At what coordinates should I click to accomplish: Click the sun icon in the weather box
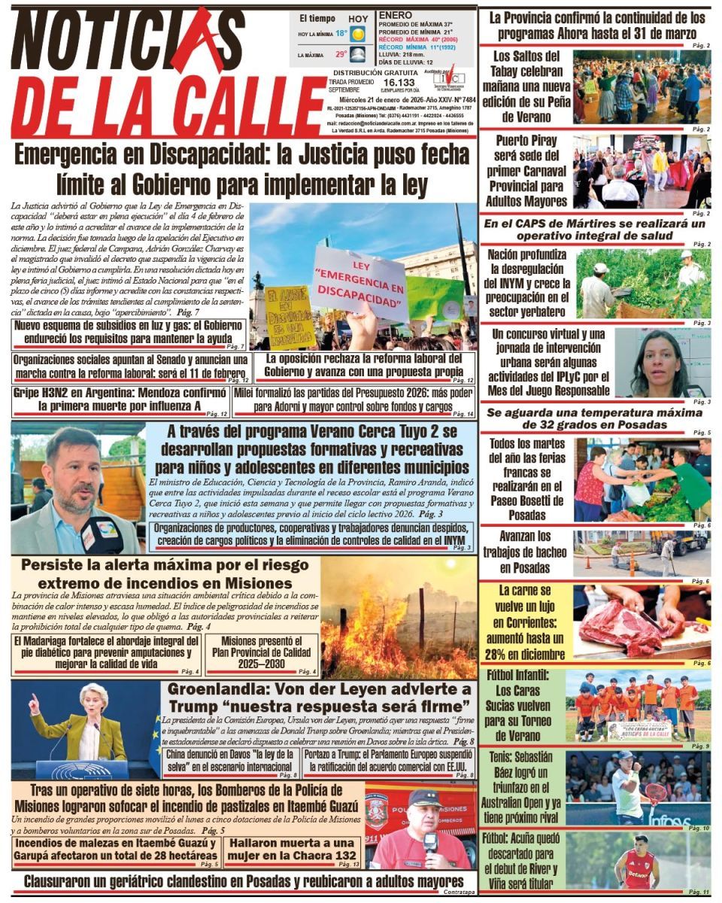pos(356,35)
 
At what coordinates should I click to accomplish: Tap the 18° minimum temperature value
pos(341,34)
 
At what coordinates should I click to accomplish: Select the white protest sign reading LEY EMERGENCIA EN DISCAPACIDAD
pos(359,282)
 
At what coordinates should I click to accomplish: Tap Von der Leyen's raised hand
pos(33,704)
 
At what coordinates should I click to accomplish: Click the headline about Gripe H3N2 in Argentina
pos(120,400)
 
